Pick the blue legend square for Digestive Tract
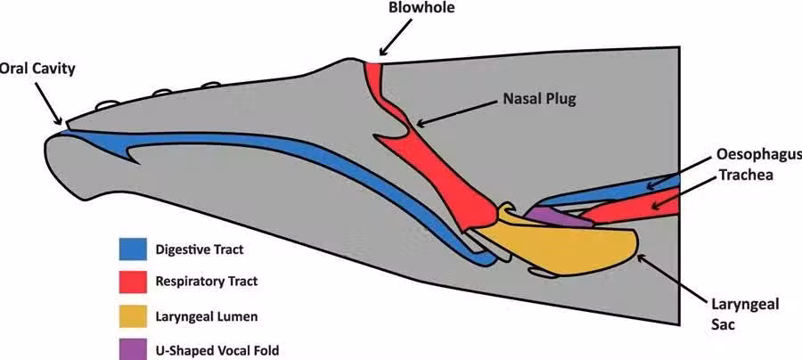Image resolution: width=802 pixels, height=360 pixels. (x=132, y=250)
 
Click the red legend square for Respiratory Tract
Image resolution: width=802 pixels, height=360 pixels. (x=132, y=282)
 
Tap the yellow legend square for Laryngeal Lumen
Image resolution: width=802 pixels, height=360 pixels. (x=132, y=315)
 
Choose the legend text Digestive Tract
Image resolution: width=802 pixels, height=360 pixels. (x=198, y=250)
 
